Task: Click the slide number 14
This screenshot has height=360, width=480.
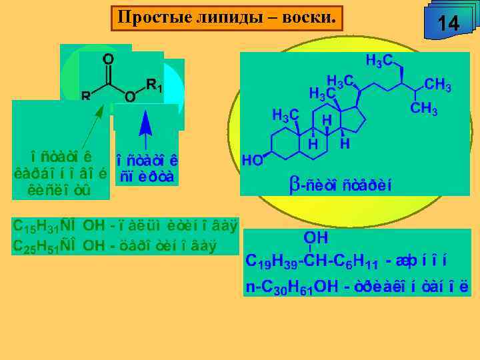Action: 449,24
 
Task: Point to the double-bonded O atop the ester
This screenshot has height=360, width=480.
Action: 107,59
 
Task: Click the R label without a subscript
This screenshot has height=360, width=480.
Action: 86,95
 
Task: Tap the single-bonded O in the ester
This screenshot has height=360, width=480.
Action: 131,97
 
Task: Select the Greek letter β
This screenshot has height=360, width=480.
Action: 294,187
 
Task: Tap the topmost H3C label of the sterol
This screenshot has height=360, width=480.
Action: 379,61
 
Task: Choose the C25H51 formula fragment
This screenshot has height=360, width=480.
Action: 37,245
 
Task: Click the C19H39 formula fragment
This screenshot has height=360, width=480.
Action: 271,261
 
